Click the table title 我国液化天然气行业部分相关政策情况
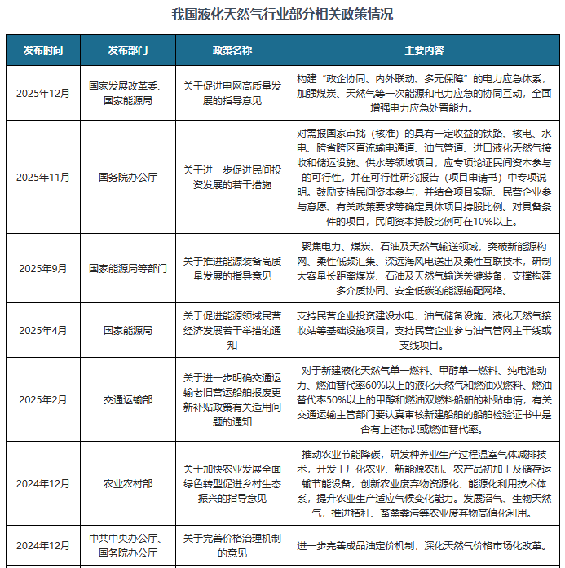click(282, 15)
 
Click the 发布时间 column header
click(43, 50)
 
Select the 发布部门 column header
click(128, 50)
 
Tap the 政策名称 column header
click(232, 50)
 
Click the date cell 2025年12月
click(43, 93)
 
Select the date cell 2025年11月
click(43, 177)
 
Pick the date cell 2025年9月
click(43, 267)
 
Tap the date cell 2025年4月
click(43, 330)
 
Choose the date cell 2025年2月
click(43, 399)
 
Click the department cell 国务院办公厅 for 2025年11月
click(128, 177)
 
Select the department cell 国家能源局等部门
click(128, 267)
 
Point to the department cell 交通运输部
click(128, 399)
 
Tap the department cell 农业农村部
click(128, 483)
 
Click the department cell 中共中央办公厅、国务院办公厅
click(128, 545)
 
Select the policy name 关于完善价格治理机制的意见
click(232, 545)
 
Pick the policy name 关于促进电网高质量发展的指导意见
click(232, 93)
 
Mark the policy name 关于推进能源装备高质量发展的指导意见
click(232, 267)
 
